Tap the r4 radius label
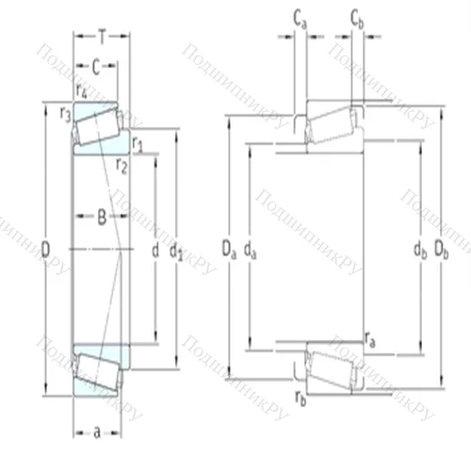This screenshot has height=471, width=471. pos(82,91)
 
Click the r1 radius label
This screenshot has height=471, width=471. pos(138,145)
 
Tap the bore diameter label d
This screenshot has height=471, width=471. pos(154,251)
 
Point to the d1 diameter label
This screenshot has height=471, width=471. pos(175,252)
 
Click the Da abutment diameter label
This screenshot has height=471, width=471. pos(229,250)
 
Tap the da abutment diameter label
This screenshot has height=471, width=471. pos(249,250)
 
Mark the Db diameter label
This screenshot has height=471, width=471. pos(439,250)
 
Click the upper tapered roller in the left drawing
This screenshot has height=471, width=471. pos(95,126)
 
